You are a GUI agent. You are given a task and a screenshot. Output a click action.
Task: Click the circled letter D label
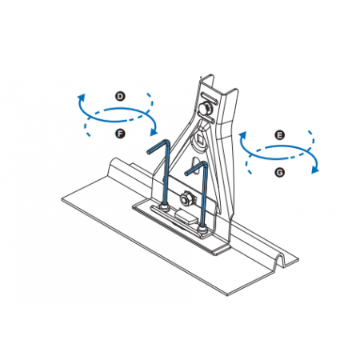tap(120, 96)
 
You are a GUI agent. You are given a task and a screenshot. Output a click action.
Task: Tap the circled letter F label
tap(120, 133)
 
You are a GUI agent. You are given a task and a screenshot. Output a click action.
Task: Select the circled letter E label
tap(280, 135)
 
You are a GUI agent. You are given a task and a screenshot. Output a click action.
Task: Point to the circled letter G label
tap(280, 172)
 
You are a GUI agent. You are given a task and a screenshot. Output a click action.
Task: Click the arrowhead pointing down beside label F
tap(154, 131)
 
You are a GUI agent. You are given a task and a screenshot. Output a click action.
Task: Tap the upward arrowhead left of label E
tap(242, 135)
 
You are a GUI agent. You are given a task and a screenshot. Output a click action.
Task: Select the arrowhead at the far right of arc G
tap(315, 170)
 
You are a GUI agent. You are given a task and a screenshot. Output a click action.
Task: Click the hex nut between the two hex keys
tap(186, 199)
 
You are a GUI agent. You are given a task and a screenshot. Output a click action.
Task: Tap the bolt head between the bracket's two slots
tap(205, 109)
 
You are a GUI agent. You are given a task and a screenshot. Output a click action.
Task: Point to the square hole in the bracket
tap(198, 138)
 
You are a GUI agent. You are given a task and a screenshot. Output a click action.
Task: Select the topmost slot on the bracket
tap(210, 98)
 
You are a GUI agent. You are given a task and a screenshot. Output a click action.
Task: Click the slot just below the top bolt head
tap(206, 119)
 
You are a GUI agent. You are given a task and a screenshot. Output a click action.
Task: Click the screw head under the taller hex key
tap(165, 208)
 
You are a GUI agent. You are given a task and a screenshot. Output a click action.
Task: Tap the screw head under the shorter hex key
tap(202, 230)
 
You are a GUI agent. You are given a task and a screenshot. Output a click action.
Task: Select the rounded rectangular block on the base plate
tap(186, 216)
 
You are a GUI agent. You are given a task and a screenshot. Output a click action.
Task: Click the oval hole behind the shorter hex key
tap(196, 166)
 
